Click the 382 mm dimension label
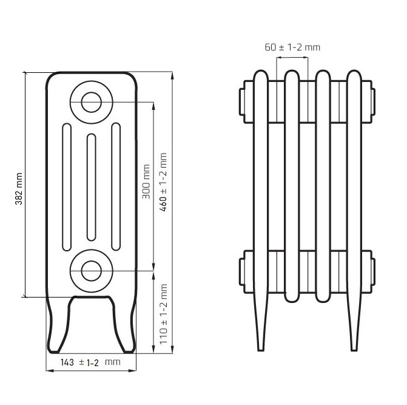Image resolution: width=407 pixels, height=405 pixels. [x=19, y=189]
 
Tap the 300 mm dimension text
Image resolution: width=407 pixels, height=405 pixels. [x=146, y=182]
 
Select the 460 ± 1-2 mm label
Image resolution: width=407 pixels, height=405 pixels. [x=163, y=182]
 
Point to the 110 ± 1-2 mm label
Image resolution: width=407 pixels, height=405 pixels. [x=163, y=314]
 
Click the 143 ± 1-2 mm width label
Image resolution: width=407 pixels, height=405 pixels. [x=90, y=362]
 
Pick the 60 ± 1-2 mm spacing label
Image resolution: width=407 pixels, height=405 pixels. [x=292, y=47]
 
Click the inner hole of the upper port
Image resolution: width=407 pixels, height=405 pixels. [x=92, y=103]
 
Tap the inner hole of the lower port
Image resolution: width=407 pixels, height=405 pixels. [x=92, y=271]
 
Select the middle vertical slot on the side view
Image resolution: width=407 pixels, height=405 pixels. [x=92, y=187]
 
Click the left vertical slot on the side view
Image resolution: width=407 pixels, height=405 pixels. [x=67, y=187]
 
